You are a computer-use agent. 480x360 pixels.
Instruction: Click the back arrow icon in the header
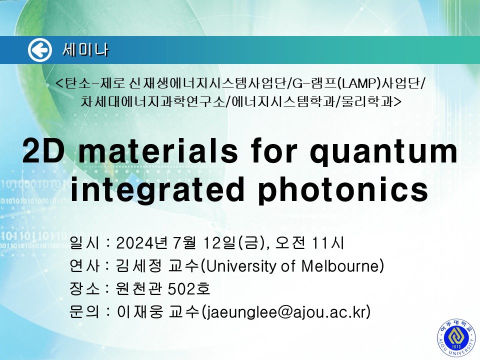pyautogui.click(x=40, y=50)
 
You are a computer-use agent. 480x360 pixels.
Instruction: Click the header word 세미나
pyautogui.click(x=85, y=50)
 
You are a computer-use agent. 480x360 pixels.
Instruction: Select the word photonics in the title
pyautogui.click(x=343, y=190)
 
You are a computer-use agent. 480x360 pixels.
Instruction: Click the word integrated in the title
pyautogui.click(x=156, y=190)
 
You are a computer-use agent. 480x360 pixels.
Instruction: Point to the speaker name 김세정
pyautogui.click(x=138, y=265)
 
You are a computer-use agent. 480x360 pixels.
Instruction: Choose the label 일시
pyautogui.click(x=84, y=243)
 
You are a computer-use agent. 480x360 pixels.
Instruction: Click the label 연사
pyautogui.click(x=84, y=265)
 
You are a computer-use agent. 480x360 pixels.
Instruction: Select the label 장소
pyautogui.click(x=84, y=288)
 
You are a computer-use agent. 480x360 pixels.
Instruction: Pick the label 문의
pyautogui.click(x=84, y=312)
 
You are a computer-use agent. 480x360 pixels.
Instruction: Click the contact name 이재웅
pyautogui.click(x=139, y=312)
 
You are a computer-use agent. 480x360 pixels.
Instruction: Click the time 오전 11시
pyautogui.click(x=309, y=243)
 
